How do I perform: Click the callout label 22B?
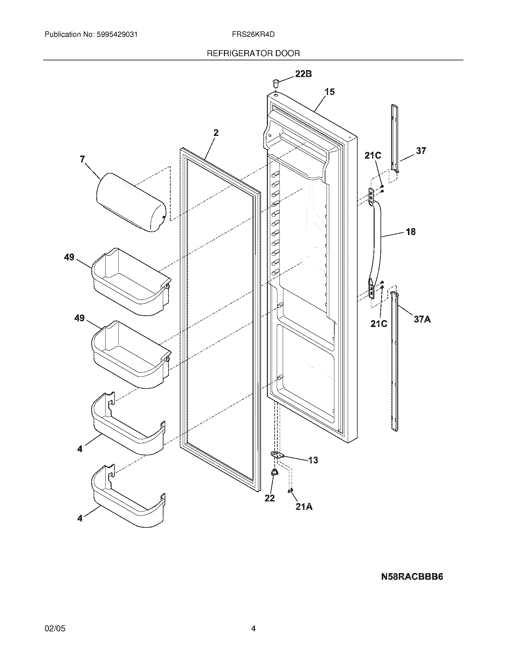coord(303,74)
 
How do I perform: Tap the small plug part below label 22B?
coord(276,82)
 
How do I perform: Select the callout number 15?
coord(330,92)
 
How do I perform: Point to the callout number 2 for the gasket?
coord(216,133)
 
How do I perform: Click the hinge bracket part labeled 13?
coord(277,463)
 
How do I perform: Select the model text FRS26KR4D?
coord(253,35)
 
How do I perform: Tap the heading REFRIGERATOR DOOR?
coord(253,53)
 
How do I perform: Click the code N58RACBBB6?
coord(412,577)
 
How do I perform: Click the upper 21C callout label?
coord(373,156)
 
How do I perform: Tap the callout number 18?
coord(411,232)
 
